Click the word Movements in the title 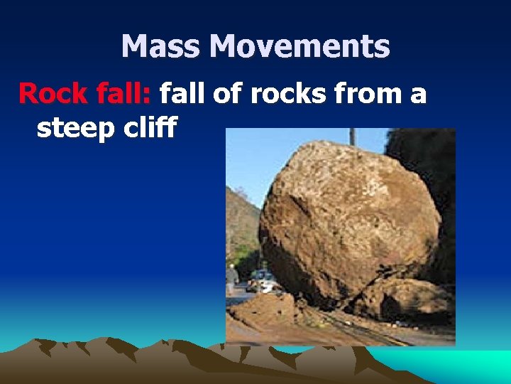tap(300, 47)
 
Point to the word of tap(227, 93)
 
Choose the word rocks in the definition tap(284, 93)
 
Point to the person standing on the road tap(232, 278)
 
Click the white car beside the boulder tap(268, 285)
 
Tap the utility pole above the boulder tap(352, 137)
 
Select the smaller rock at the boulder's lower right tap(401, 299)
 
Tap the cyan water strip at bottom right tap(461, 366)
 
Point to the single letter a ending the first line tap(418, 93)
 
